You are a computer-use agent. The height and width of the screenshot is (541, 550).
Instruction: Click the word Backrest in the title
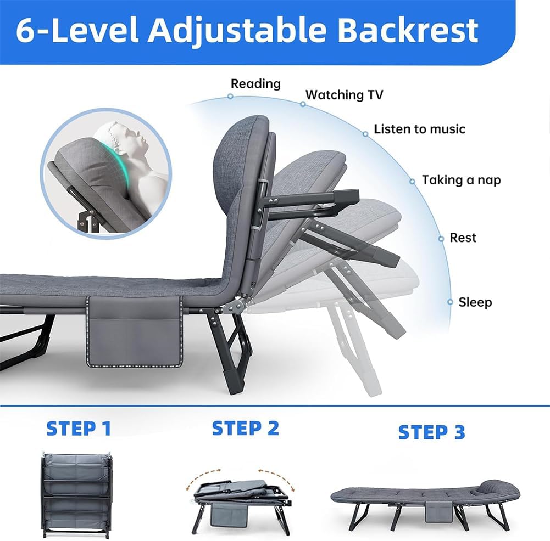(x=407, y=30)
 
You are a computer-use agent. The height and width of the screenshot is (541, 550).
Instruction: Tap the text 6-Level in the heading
(x=77, y=30)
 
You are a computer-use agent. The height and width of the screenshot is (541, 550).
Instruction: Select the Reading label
(x=255, y=84)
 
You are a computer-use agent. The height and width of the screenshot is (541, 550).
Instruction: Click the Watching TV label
(x=344, y=95)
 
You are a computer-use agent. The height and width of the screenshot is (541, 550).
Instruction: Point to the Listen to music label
(x=419, y=129)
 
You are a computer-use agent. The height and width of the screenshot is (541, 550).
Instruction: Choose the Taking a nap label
(x=461, y=180)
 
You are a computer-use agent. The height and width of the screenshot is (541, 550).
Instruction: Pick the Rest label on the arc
(x=463, y=238)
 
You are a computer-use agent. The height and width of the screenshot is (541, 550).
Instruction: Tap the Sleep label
(x=475, y=302)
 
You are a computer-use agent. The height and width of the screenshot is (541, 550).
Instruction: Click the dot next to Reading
(x=230, y=96)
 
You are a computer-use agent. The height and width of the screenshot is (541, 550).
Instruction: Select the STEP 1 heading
(x=79, y=429)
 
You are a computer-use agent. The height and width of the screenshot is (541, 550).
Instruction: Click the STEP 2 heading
(x=246, y=428)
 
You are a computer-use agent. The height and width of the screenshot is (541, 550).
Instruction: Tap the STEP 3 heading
(x=431, y=432)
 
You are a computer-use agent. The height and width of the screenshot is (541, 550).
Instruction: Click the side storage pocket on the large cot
(x=134, y=331)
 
